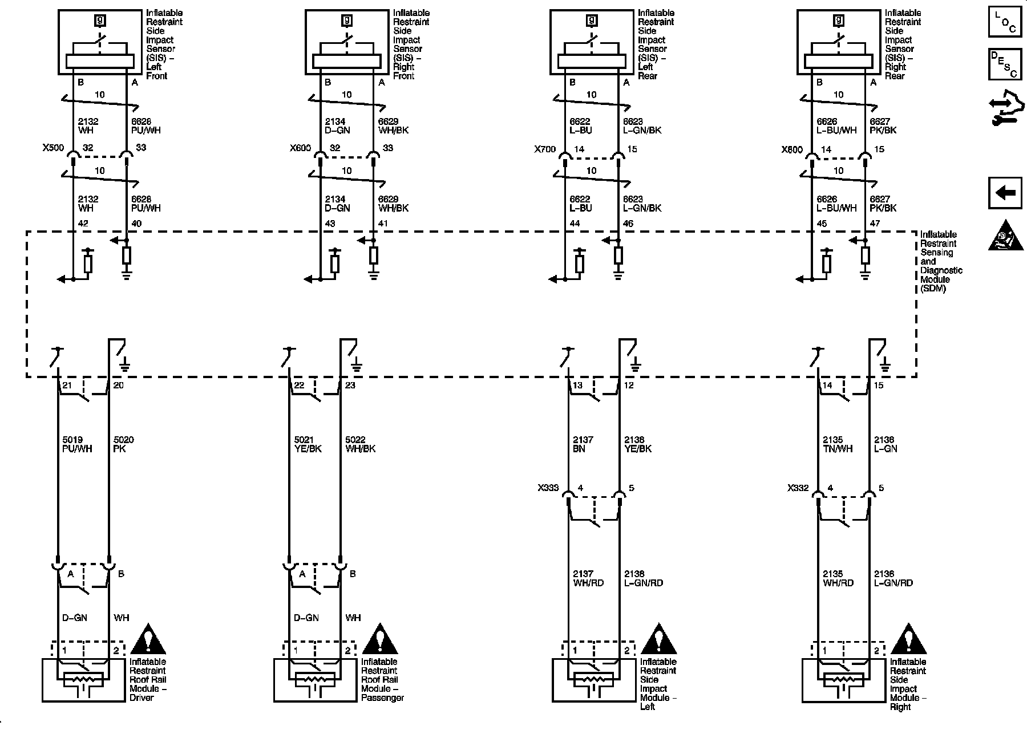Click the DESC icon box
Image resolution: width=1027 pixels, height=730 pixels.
[x=1005, y=64]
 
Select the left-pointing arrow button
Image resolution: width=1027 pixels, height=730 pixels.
[x=1005, y=193]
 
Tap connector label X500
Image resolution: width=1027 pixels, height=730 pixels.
[x=53, y=148]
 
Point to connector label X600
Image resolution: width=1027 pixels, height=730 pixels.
[x=300, y=148]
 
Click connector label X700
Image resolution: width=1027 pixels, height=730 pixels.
[x=544, y=149]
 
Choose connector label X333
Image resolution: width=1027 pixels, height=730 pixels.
[x=548, y=488]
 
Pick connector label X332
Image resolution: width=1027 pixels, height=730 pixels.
[x=798, y=488]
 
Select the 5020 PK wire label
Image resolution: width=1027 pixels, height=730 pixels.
[x=124, y=444]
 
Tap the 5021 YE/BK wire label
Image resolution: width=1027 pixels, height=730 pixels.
[x=308, y=444]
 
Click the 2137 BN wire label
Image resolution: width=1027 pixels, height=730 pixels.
[x=583, y=444]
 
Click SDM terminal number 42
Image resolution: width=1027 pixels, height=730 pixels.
[x=83, y=224]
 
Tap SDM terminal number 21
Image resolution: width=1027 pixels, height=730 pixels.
[x=67, y=386]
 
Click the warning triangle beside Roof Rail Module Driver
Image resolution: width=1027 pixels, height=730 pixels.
[x=148, y=640]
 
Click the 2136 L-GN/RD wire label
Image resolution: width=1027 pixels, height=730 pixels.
[x=893, y=578]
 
